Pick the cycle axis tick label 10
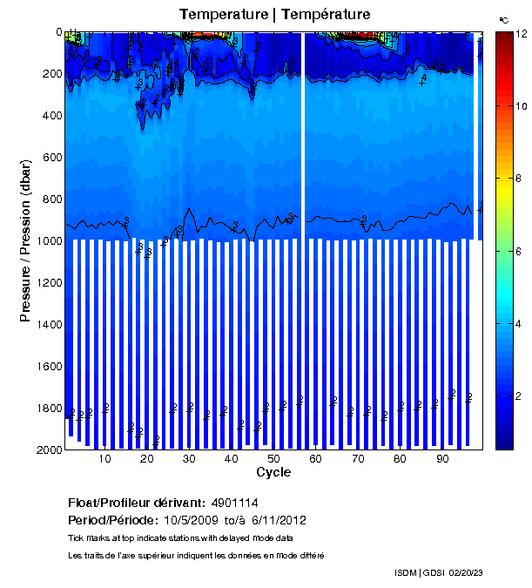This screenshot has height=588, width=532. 104,459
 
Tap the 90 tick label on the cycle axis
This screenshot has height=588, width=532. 441,459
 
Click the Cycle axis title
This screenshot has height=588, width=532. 273,472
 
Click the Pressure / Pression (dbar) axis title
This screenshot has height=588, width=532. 25,240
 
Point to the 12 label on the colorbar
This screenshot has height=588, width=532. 522,33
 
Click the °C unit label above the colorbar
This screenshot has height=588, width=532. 503,19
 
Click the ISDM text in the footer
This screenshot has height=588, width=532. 405,572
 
